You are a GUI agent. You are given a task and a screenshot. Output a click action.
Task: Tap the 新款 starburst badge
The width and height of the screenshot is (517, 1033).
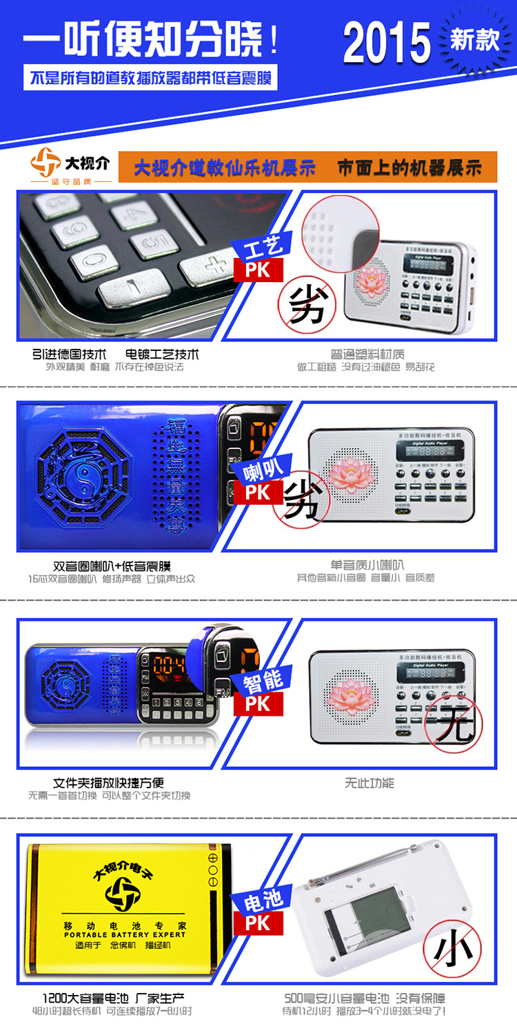(x=474, y=40)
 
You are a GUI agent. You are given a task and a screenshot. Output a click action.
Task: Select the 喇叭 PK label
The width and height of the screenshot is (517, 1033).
(x=260, y=481)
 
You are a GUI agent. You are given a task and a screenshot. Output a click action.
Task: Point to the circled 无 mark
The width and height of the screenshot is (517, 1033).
(x=454, y=723)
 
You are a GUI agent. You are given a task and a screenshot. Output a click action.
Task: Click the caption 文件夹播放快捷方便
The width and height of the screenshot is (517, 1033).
(x=108, y=783)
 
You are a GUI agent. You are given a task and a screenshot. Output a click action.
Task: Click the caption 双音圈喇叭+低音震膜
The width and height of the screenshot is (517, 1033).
(x=112, y=566)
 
